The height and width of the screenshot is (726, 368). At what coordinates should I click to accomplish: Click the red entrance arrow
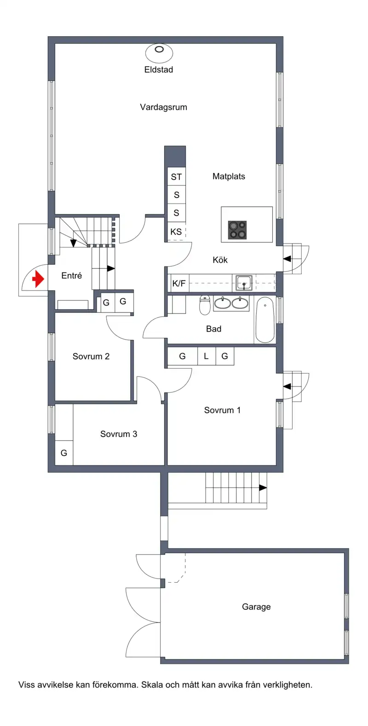click(38, 279)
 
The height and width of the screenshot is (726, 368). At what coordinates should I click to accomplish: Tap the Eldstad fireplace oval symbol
click(159, 53)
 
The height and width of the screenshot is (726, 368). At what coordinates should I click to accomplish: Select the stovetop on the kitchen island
click(237, 230)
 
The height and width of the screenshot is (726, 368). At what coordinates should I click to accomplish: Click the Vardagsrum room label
click(164, 107)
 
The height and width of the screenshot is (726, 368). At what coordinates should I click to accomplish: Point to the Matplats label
click(229, 176)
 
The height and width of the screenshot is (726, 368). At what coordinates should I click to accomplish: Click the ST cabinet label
click(176, 177)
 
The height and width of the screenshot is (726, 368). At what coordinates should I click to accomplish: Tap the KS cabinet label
click(176, 232)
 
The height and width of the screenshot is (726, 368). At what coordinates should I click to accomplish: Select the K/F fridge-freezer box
click(178, 283)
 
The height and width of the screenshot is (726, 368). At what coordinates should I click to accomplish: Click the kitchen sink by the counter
click(244, 283)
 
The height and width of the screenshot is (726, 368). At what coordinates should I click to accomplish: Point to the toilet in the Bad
click(205, 305)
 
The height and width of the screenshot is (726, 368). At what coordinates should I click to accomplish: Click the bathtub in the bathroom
click(265, 319)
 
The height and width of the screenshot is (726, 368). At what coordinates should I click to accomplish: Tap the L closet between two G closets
click(207, 356)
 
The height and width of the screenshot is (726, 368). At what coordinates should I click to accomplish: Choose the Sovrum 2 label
click(91, 357)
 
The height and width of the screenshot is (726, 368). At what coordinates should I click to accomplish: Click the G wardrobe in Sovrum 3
click(64, 453)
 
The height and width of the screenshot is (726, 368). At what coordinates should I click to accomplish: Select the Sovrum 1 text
click(222, 410)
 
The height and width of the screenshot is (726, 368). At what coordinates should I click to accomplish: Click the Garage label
click(256, 607)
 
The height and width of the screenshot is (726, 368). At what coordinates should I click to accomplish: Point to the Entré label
click(72, 276)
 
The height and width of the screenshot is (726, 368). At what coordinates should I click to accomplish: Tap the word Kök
click(220, 260)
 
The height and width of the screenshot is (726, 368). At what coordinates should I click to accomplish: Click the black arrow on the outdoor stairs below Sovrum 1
click(263, 488)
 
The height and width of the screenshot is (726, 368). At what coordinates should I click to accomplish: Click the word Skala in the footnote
click(152, 685)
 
